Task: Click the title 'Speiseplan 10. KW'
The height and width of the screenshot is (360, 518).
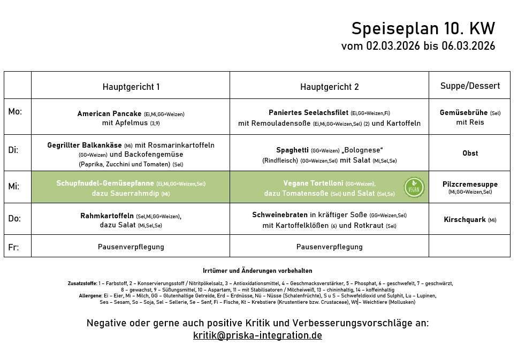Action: click(423, 28)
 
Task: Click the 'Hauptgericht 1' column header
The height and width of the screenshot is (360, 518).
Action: click(131, 87)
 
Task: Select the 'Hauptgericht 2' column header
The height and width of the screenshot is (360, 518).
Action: click(329, 87)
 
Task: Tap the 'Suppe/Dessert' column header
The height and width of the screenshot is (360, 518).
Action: click(470, 86)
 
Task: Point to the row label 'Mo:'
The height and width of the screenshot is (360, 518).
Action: click(15, 112)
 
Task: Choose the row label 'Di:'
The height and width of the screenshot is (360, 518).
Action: click(13, 150)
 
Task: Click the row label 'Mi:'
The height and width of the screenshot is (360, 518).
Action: click(14, 186)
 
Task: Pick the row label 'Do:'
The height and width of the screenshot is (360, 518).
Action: click(14, 218)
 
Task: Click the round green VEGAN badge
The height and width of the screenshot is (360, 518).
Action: click(414, 187)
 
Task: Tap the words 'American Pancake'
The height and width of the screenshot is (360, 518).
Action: click(109, 113)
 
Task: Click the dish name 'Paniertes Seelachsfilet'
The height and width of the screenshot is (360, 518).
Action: click(308, 112)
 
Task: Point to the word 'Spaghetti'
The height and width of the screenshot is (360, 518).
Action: click(292, 150)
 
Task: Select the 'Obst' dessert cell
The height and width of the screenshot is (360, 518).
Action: click(470, 153)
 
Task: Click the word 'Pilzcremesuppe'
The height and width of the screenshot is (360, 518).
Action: click(470, 184)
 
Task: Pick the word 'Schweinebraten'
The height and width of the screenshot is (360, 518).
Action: click(279, 215)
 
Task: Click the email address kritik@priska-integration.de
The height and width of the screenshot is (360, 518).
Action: click(257, 336)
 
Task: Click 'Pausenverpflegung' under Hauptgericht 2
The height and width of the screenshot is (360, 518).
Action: click(329, 247)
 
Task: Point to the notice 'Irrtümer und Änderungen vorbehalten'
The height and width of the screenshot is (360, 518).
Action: click(257, 271)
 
